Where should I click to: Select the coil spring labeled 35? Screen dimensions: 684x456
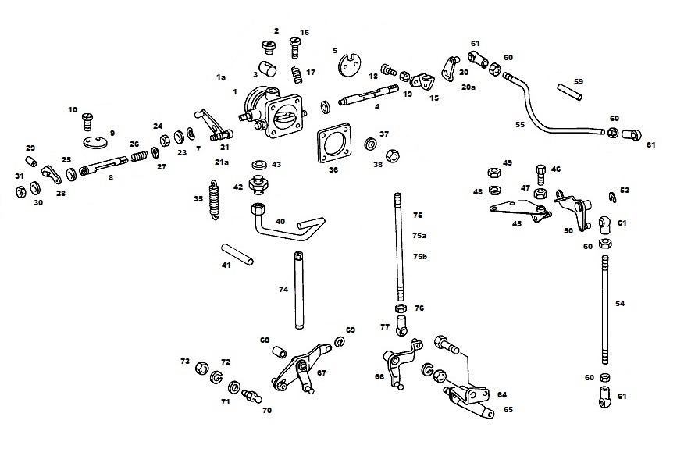coord(214,200)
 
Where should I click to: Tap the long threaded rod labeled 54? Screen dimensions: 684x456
coord(605,310)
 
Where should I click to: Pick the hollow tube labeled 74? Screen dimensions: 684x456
coord(299,290)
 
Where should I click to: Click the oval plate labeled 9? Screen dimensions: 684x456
coord(94,143)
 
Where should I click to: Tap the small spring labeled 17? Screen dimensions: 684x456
coord(297,74)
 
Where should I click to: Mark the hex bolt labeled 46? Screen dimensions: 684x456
coord(541,175)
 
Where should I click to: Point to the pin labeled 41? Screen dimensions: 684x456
coord(237,255)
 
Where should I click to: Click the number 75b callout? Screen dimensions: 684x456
coord(419,257)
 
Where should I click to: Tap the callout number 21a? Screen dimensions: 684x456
coord(222,162)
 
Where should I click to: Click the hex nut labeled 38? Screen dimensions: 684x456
coord(393,155)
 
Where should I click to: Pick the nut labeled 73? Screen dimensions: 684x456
coord(201,368)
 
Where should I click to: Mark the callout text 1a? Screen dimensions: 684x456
coord(221,77)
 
